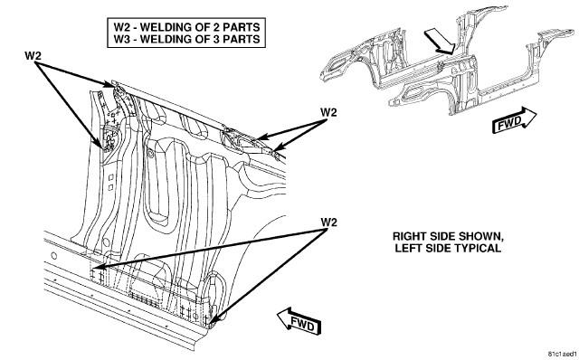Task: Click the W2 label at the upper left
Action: tap(33, 56)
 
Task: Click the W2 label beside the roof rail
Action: tap(328, 112)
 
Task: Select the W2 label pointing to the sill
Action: tap(328, 223)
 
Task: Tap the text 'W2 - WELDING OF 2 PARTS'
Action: tap(186, 27)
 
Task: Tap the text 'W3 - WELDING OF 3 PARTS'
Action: tap(186, 39)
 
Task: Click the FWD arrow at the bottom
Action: tap(299, 321)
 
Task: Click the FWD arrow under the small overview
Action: tap(515, 120)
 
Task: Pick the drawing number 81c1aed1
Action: tap(562, 354)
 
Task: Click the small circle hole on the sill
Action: tap(54, 255)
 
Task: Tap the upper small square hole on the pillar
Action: tap(110, 177)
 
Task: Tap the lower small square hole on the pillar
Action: tap(110, 187)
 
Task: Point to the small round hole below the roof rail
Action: tap(150, 153)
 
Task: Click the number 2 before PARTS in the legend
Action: tap(215, 27)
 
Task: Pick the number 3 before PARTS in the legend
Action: tap(215, 39)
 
